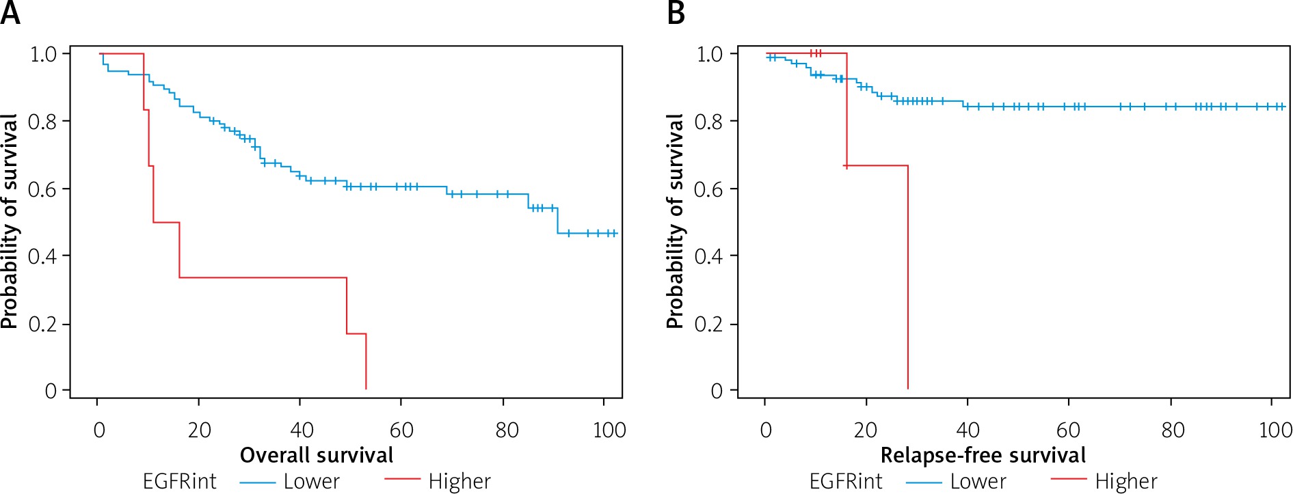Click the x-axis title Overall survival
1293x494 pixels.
click(317, 455)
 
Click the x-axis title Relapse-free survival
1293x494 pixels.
click(983, 455)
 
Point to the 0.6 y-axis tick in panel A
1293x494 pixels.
click(42, 189)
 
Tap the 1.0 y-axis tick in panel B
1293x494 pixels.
click(709, 54)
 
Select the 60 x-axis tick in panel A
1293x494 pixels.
click(401, 430)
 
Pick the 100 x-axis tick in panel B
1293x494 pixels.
click(1275, 430)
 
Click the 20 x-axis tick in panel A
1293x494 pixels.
click(199, 430)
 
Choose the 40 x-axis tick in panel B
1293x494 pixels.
click(968, 430)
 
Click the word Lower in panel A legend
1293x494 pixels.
click(311, 482)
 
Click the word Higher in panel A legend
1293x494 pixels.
click(459, 482)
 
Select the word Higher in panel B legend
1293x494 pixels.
click(1126, 482)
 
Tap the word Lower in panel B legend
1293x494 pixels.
click(978, 482)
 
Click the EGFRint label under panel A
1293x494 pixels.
click(179, 482)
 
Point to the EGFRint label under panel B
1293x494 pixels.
click(846, 482)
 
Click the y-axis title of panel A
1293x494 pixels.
click(10, 221)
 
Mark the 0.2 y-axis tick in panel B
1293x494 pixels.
click(709, 324)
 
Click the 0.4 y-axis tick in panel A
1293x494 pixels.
click(42, 256)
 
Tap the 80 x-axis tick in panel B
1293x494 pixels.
click(1173, 430)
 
